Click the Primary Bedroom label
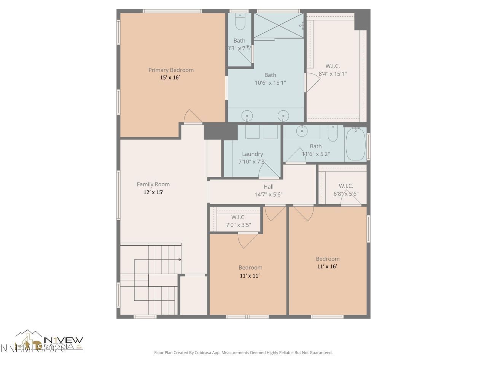coord(171,70)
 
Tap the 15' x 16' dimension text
coord(170,78)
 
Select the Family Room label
coord(153,184)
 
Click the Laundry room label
coord(252,154)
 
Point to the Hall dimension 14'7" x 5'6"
coord(269,194)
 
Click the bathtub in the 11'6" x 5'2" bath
coord(356,145)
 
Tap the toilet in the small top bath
coord(240,23)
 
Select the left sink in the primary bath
coord(248,115)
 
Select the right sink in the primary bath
coord(283,115)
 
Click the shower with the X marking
coord(279,25)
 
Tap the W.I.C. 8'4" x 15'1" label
coord(333,70)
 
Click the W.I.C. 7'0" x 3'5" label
coord(238,221)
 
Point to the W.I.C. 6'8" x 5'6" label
coord(346,190)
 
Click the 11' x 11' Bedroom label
coord(250,271)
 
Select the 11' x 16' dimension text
coord(327,267)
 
